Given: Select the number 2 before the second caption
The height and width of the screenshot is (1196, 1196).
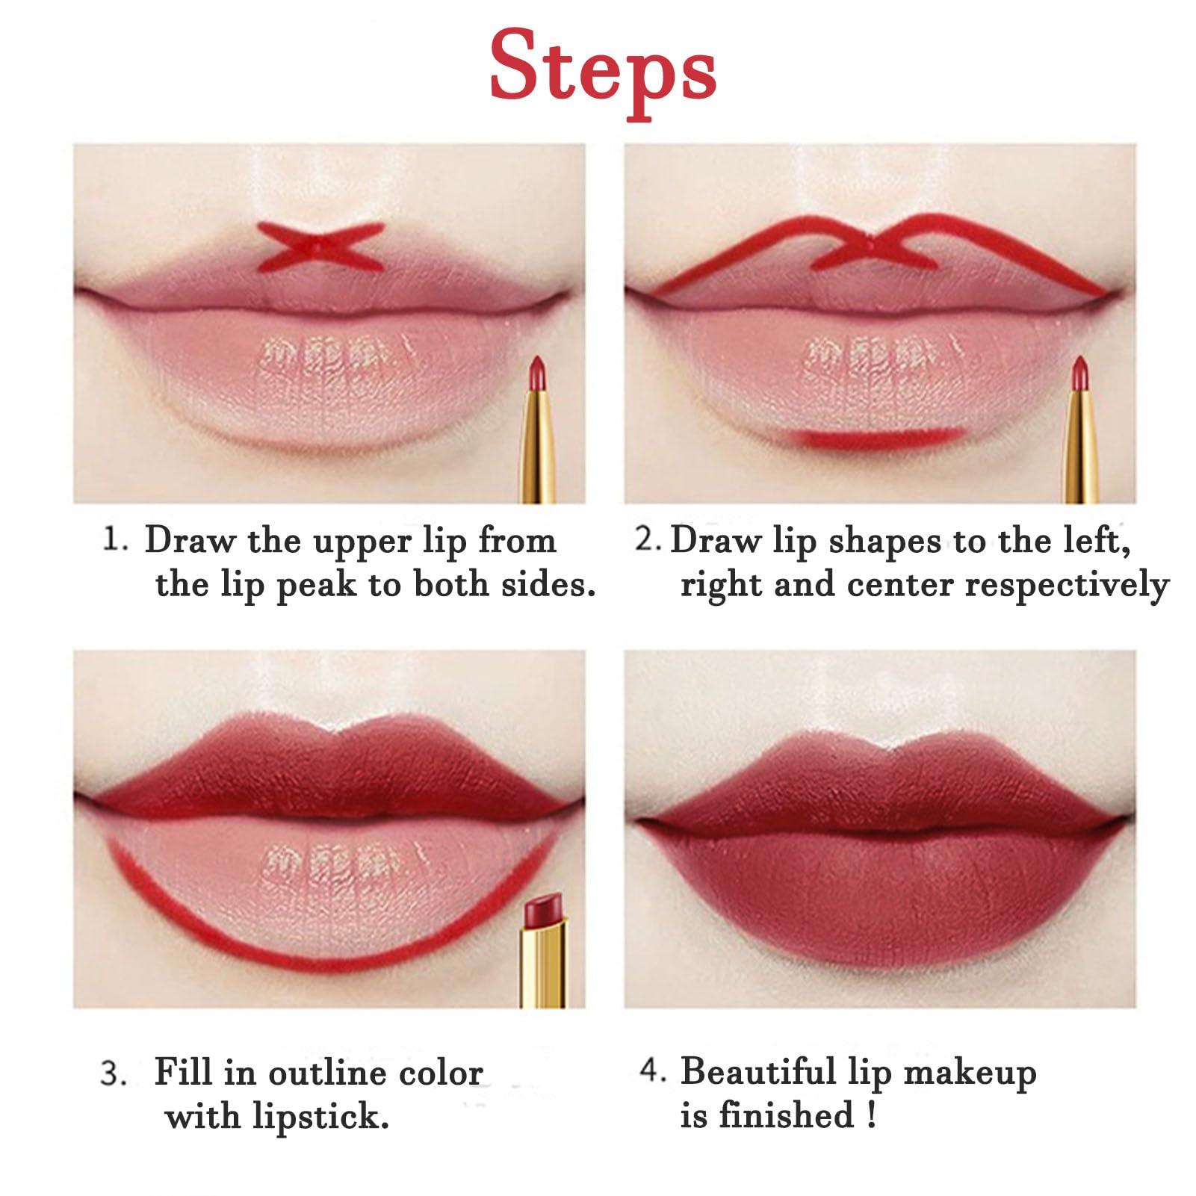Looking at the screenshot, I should click(x=645, y=540).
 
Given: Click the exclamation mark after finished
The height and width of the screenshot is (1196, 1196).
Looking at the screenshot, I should click(x=871, y=1115).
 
